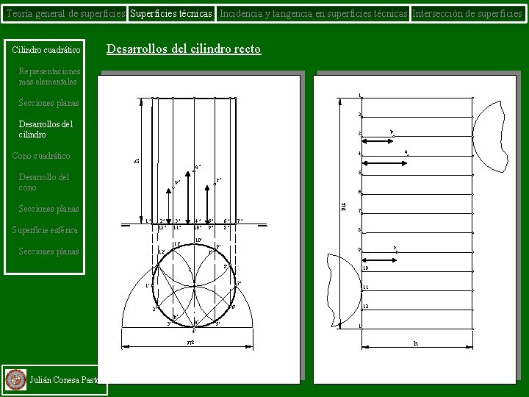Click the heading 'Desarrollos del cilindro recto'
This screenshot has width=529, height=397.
(184, 49)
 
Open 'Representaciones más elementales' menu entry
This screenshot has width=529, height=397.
(48, 76)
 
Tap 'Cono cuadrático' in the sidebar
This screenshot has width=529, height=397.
(41, 156)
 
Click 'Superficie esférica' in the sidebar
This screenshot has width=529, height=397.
(45, 230)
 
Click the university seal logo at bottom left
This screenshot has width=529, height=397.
(15, 379)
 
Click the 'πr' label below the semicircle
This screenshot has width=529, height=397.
(190, 343)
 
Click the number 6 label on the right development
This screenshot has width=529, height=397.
(359, 193)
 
